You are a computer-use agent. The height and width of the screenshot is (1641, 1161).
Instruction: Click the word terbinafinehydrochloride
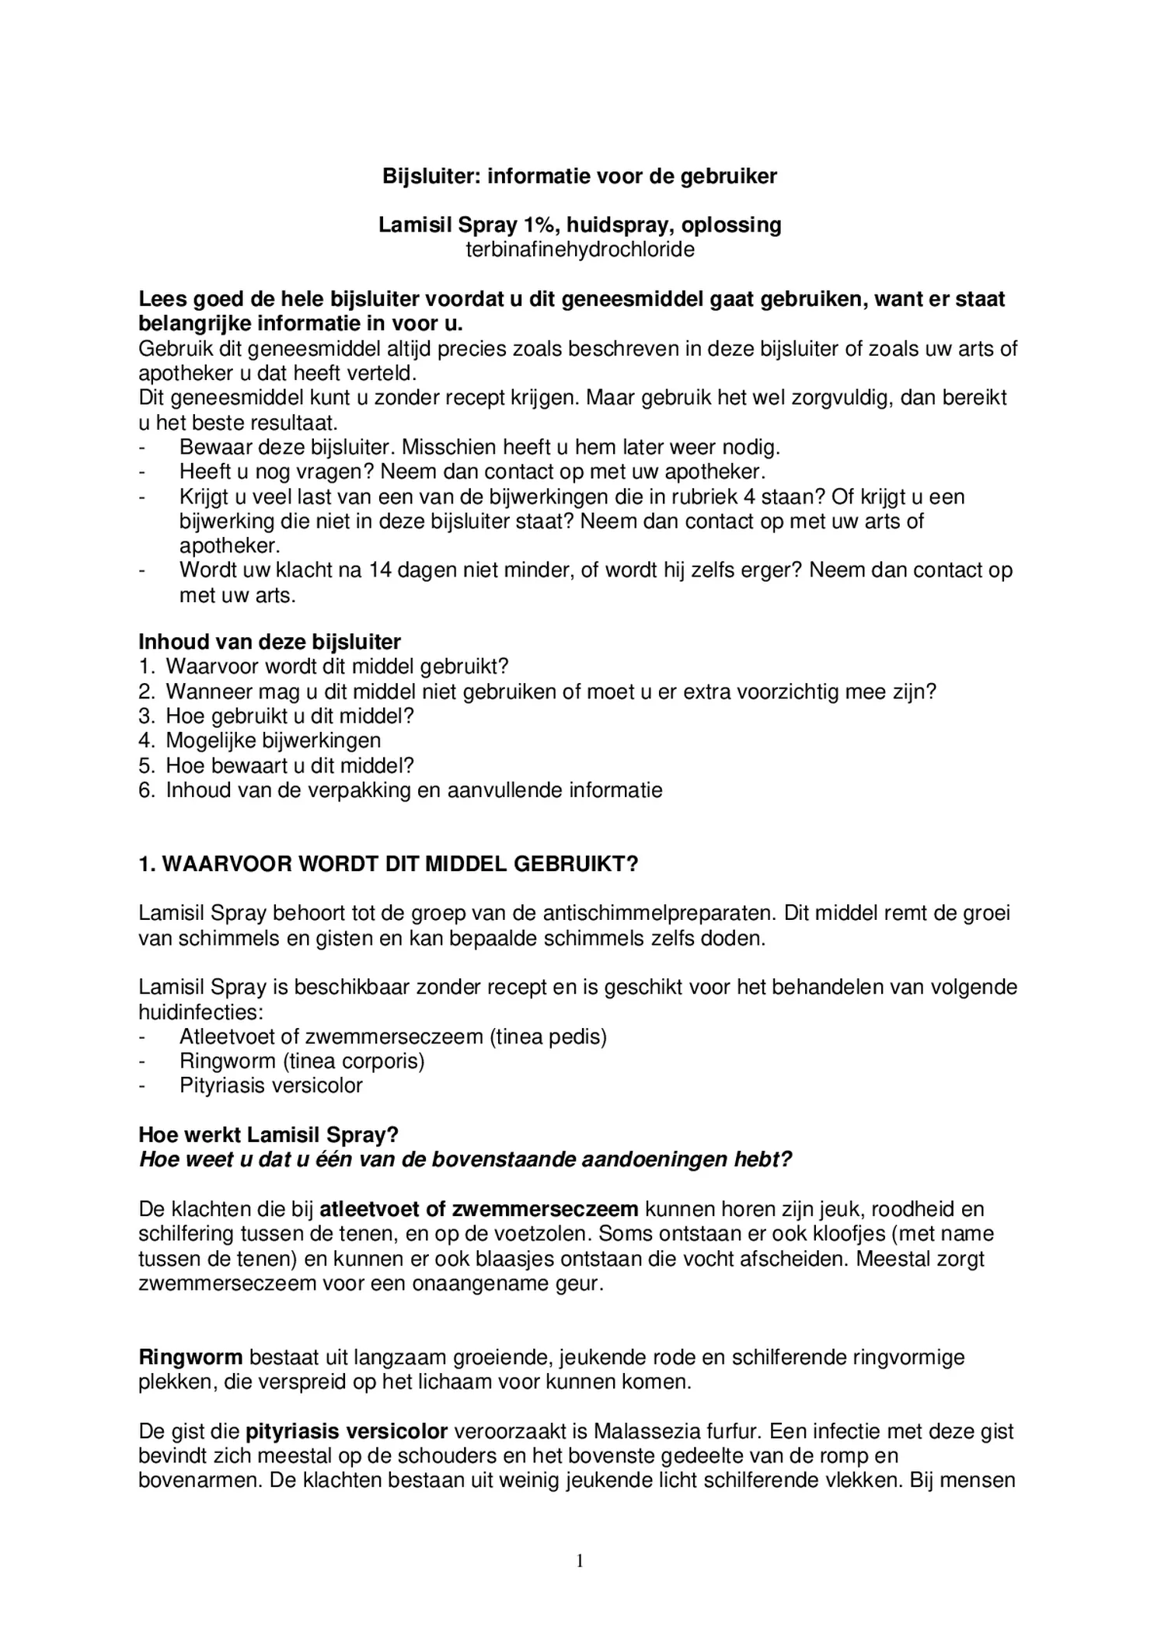click(580, 250)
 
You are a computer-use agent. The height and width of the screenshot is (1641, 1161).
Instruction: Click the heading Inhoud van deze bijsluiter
click(270, 642)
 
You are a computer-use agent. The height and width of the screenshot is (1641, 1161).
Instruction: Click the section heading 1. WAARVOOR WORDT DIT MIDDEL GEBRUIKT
click(388, 865)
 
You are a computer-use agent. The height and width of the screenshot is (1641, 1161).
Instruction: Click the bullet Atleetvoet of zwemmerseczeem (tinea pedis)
click(392, 1037)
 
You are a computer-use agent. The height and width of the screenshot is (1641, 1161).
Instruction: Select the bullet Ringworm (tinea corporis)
click(302, 1061)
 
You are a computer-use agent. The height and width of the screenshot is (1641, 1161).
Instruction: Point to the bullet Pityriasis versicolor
click(270, 1085)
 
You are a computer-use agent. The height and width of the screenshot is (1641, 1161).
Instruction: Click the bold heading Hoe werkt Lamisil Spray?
click(268, 1135)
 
